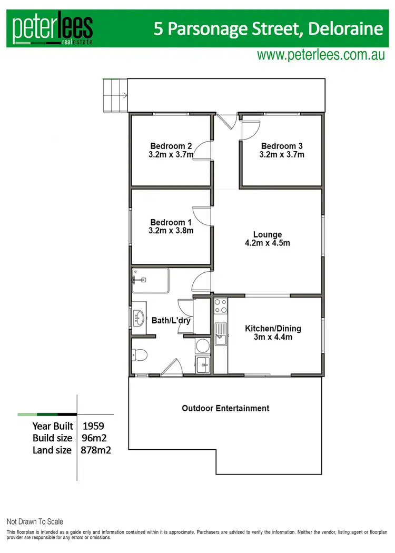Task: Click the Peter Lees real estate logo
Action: pyautogui.click(x=53, y=28)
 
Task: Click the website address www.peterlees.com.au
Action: pyautogui.click(x=321, y=55)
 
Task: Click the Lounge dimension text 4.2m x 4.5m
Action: pyautogui.click(x=268, y=243)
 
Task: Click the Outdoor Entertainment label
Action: pyautogui.click(x=225, y=408)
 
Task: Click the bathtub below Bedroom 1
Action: pyautogui.click(x=150, y=280)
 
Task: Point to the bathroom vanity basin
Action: pyautogui.click(x=140, y=318)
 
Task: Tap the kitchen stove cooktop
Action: pyautogui.click(x=220, y=307)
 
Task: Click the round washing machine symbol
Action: pyautogui.click(x=202, y=345)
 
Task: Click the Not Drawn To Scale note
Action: pyautogui.click(x=35, y=522)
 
